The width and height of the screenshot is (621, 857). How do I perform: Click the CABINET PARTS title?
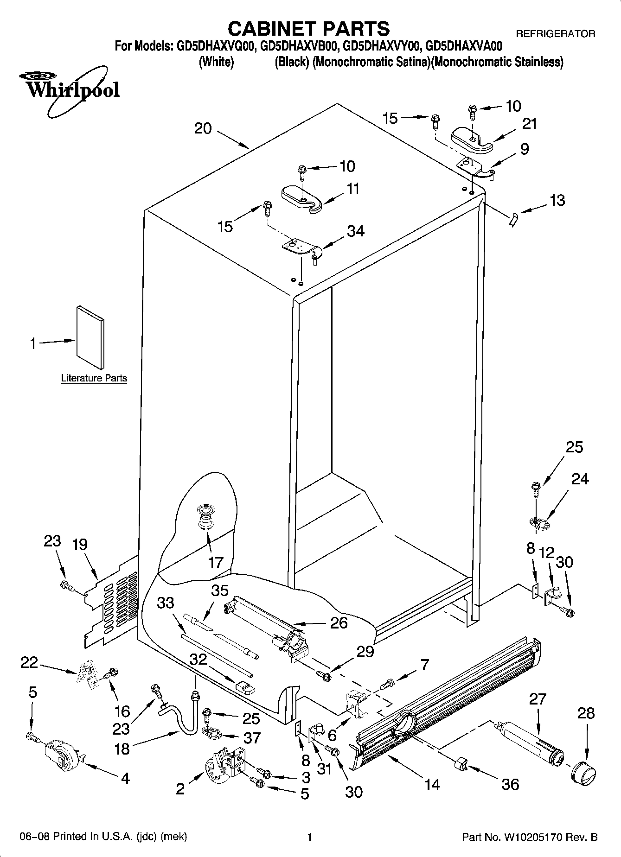click(x=308, y=29)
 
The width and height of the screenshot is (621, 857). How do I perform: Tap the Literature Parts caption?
click(x=94, y=378)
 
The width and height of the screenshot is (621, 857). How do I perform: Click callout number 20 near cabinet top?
click(x=203, y=128)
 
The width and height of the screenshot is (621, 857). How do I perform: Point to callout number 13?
click(x=557, y=200)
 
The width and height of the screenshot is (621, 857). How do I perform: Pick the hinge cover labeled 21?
click(x=472, y=140)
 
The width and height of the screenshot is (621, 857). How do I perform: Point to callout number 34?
click(x=356, y=231)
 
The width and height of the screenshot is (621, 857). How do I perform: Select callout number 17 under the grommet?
click(x=216, y=563)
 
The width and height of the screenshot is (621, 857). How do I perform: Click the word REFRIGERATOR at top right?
click(x=556, y=34)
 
